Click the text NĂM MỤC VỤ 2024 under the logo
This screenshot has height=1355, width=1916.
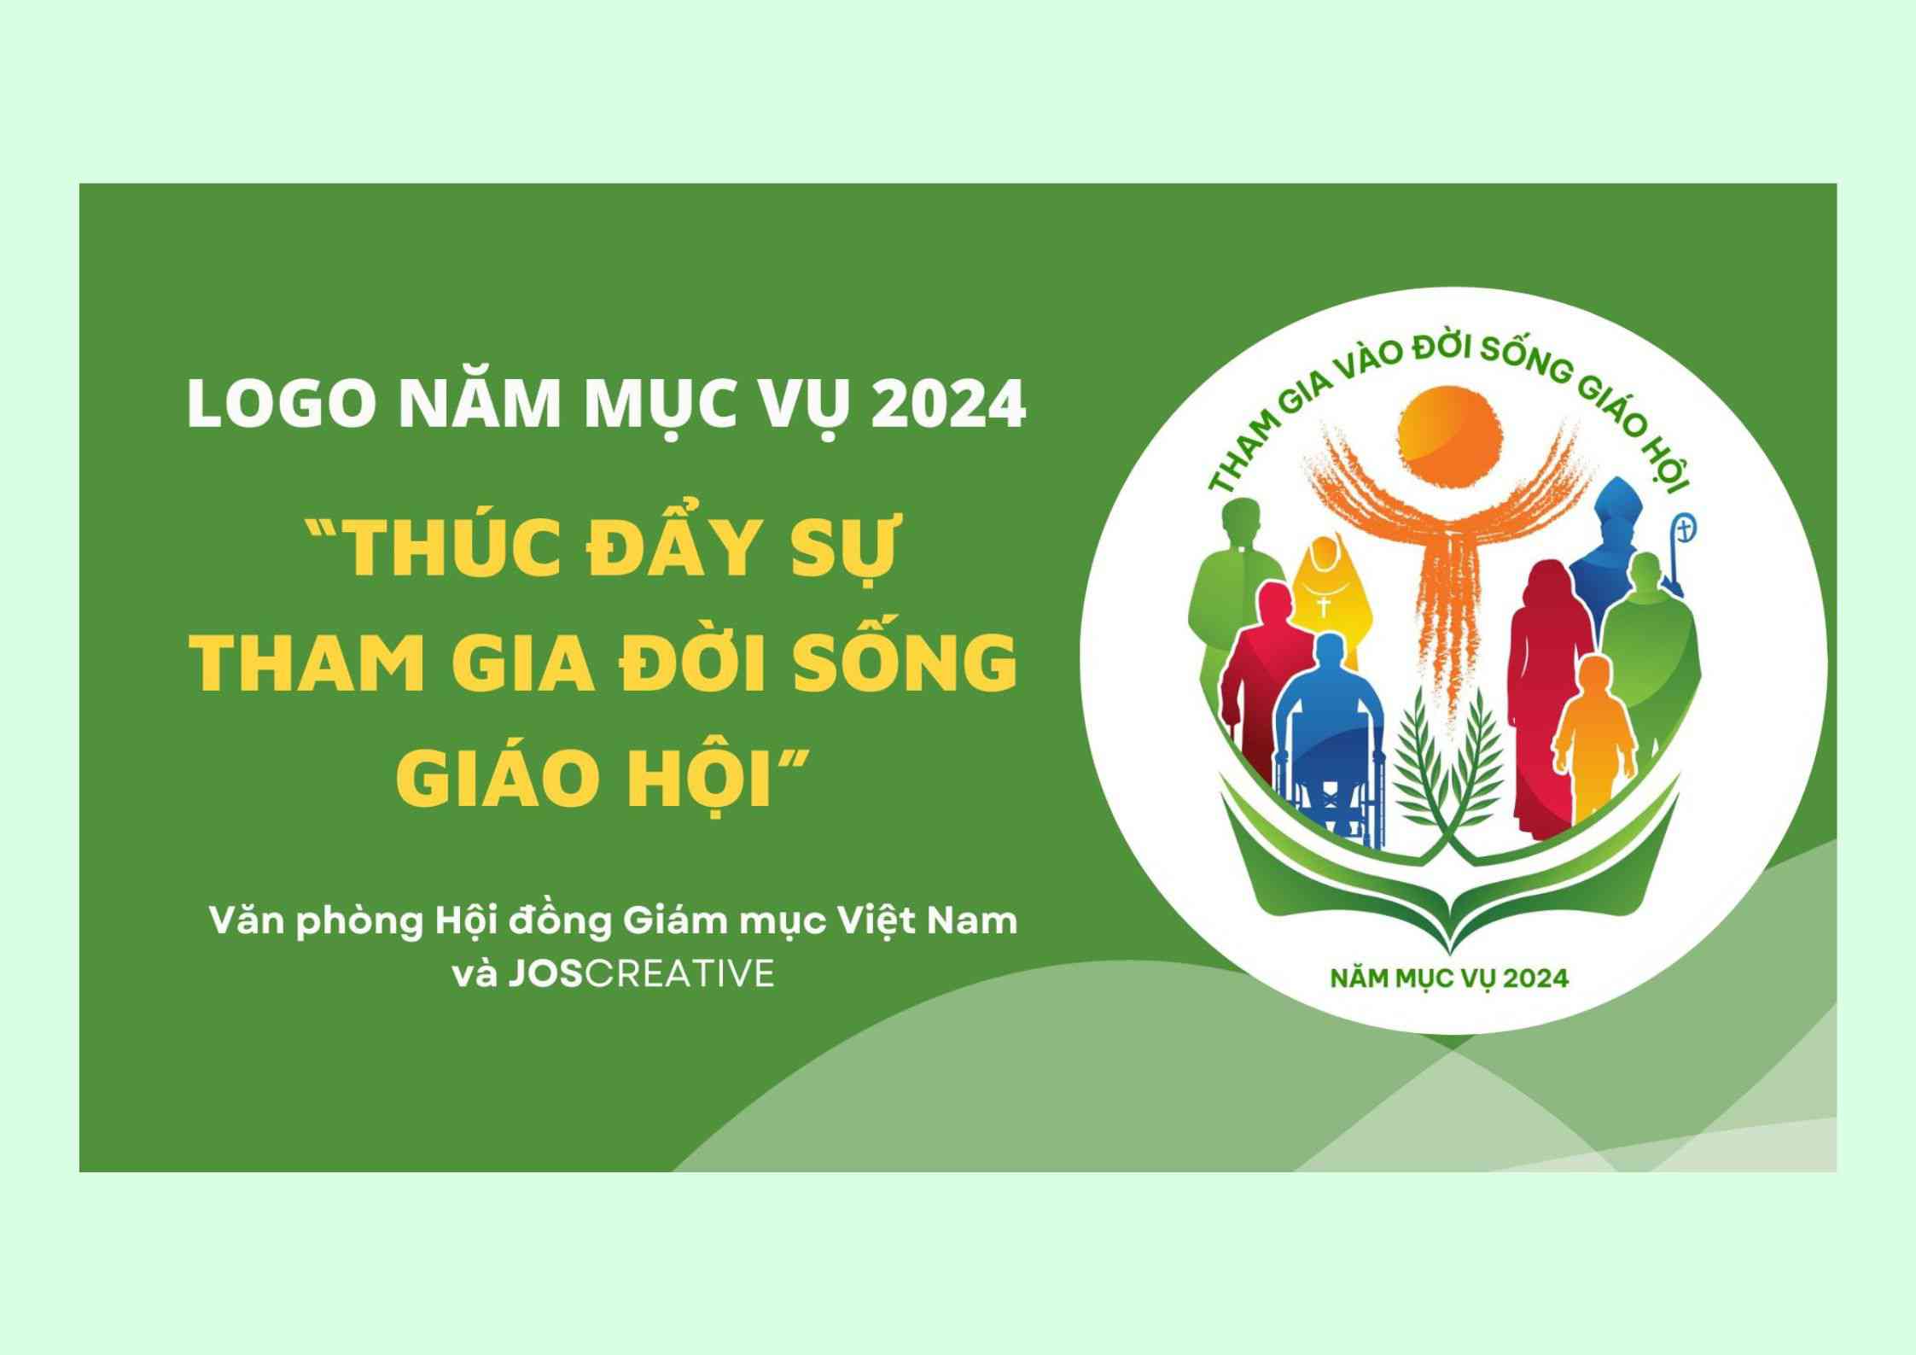tap(1449, 977)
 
